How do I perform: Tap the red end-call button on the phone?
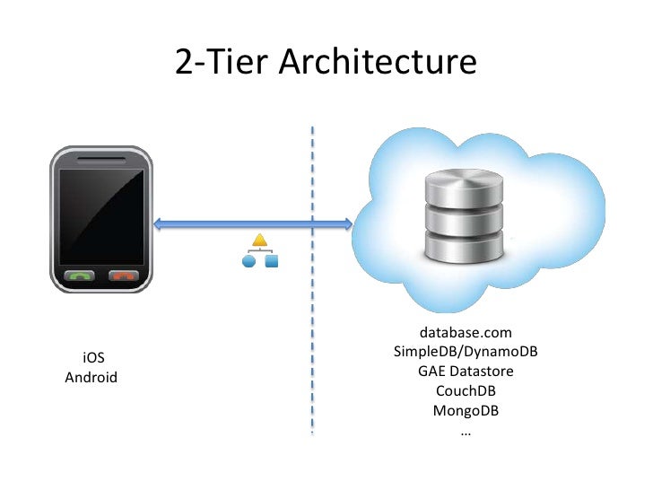[122, 276]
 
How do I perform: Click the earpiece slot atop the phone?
[101, 159]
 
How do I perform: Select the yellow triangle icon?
[260, 241]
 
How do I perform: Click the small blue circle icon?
[249, 261]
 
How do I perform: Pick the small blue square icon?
[271, 261]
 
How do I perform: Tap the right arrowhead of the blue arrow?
[346, 223]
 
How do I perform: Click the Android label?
[91, 377]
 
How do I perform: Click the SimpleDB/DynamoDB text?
[466, 352]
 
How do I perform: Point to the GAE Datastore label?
[466, 372]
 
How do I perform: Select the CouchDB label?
[466, 391]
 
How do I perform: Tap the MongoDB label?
[466, 411]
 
